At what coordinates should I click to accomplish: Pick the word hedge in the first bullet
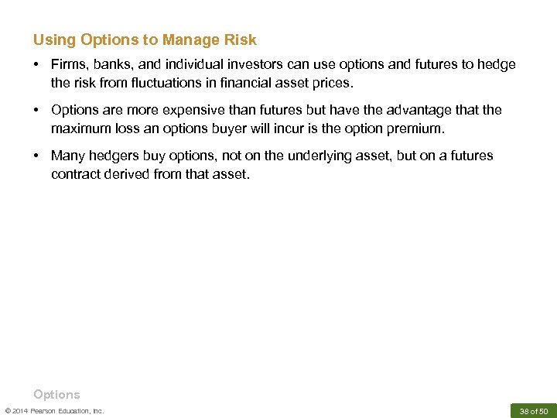pyautogui.click(x=497, y=65)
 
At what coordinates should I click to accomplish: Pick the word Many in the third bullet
pyautogui.click(x=67, y=156)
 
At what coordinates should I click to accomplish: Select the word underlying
pyautogui.click(x=320, y=156)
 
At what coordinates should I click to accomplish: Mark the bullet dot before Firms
pyautogui.click(x=37, y=65)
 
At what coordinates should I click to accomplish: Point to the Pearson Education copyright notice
pyautogui.click(x=54, y=410)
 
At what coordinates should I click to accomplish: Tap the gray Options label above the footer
pyautogui.click(x=56, y=394)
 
